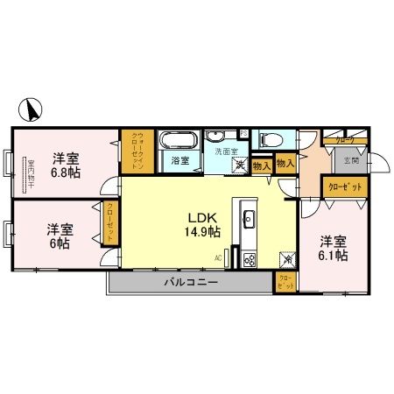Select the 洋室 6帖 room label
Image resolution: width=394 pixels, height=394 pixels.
60,236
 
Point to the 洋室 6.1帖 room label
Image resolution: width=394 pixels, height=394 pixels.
332,248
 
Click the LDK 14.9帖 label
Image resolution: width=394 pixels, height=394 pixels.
201,225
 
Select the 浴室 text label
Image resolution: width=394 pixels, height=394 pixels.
180,161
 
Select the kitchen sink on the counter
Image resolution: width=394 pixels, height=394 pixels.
246,217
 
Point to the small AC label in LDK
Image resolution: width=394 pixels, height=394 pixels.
218,257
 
